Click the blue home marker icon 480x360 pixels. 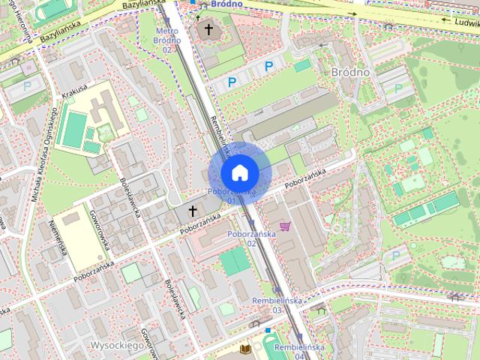[x=239, y=172]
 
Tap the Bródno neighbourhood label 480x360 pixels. [x=350, y=72]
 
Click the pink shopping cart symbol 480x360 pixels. [x=285, y=226]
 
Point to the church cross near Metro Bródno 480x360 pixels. [x=208, y=29]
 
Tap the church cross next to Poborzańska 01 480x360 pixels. [x=192, y=211]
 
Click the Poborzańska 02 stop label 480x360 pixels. [x=251, y=238]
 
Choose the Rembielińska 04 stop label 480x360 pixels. [x=299, y=352]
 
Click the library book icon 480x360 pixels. [x=245, y=349]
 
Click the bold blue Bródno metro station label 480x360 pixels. [x=226, y=4]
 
